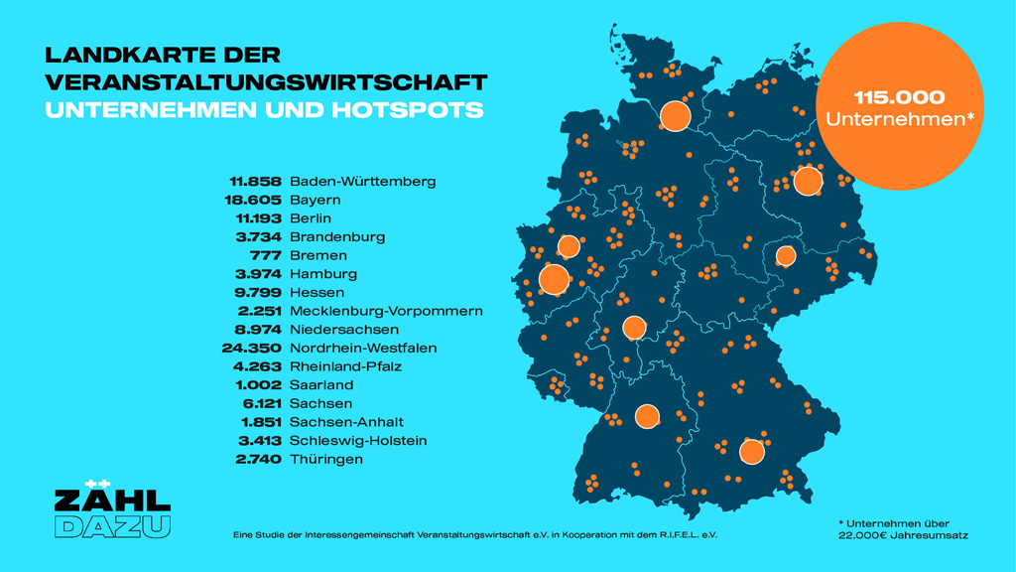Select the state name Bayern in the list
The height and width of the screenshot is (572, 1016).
pos(315,201)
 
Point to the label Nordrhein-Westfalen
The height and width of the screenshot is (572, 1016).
pos(363,349)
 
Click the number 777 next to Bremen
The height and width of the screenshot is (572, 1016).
pos(268,256)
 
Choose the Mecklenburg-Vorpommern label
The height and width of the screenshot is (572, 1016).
pos(386,311)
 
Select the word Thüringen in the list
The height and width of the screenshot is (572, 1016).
pos(326,460)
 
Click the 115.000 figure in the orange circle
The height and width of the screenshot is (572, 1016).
pos(899,97)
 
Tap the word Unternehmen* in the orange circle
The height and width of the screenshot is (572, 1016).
pos(899,120)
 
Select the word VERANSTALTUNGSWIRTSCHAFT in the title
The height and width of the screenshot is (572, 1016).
pos(266,81)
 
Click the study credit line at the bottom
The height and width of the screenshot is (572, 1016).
pos(474,534)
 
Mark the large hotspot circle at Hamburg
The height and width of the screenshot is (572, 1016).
pos(675,116)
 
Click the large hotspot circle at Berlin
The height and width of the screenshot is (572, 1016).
pos(808,181)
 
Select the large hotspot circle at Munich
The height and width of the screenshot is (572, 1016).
pos(751,452)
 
